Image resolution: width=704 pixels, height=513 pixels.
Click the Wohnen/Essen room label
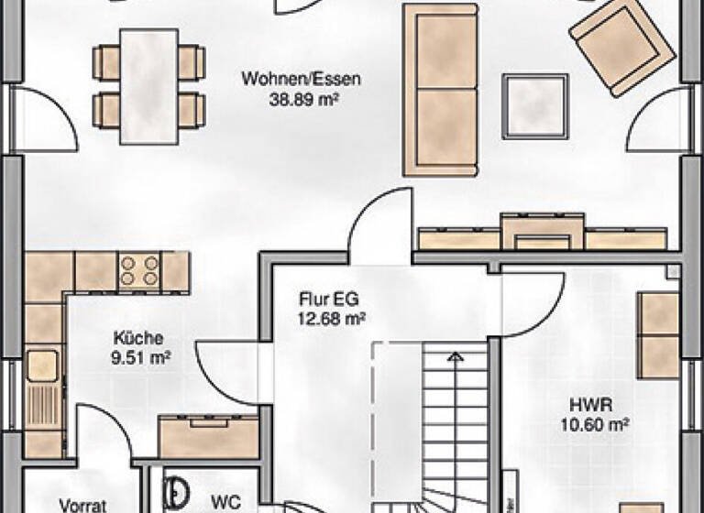pyautogui.click(x=301, y=79)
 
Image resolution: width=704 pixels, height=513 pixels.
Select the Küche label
pyautogui.click(x=134, y=336)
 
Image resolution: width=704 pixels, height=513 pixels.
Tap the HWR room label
pyautogui.click(x=593, y=403)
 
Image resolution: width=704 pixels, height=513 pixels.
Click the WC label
pyautogui.click(x=225, y=502)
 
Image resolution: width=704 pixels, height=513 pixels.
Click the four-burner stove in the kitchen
pyautogui.click(x=139, y=271)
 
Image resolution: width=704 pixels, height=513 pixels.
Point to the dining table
pyautogui.click(x=149, y=85)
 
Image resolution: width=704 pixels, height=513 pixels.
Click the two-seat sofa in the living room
pyautogui.click(x=441, y=90)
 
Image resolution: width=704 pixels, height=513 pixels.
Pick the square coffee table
pyautogui.click(x=536, y=106)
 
